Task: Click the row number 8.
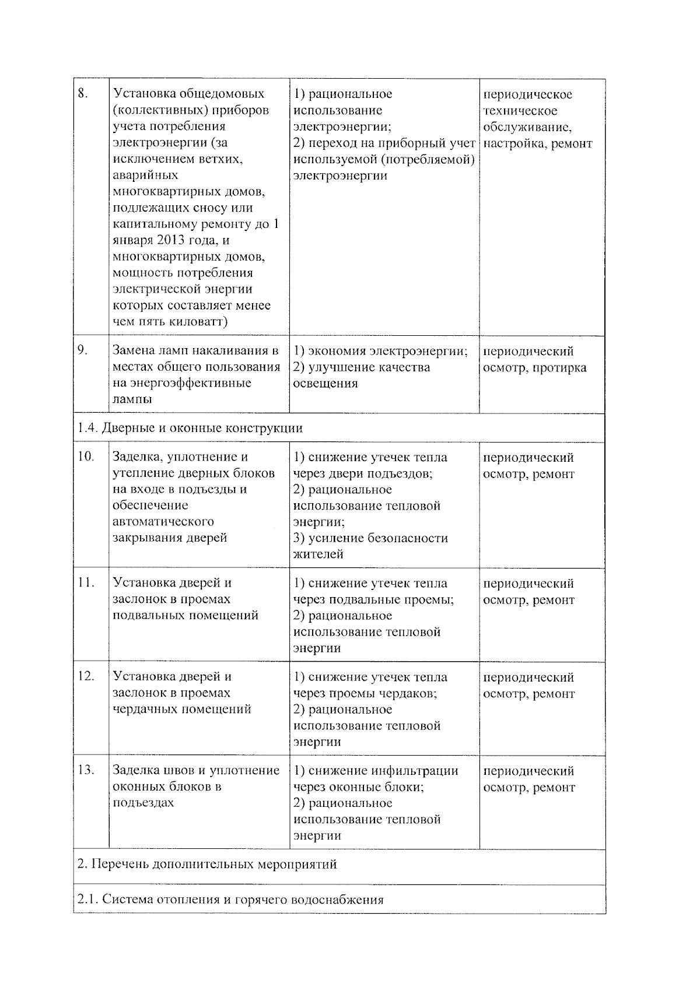82,94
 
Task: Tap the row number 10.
85,457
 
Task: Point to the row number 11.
85,582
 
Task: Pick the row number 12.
85,676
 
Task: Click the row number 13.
85,770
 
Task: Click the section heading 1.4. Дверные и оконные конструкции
190,429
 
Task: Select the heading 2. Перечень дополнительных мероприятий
207,864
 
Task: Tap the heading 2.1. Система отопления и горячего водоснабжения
230,900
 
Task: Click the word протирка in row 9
559,368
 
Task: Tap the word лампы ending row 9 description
132,399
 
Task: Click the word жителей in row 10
318,554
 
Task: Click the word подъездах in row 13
143,803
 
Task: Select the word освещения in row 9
325,384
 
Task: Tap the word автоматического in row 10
163,522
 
